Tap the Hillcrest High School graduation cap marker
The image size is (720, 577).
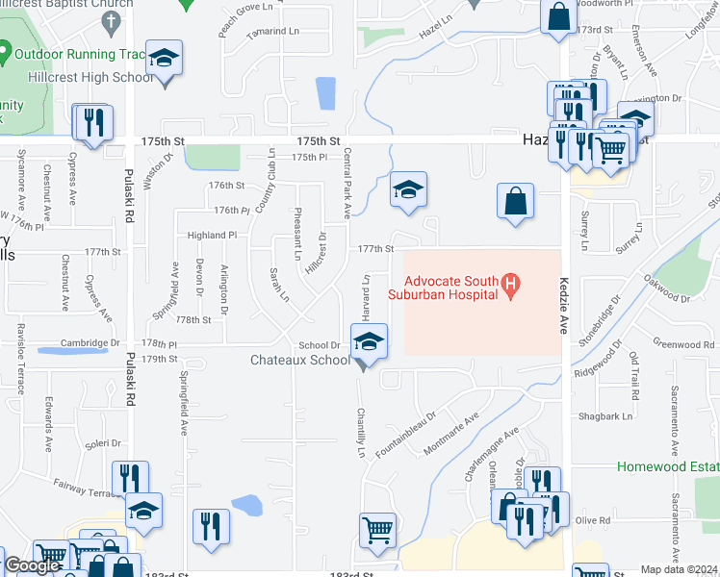[x=164, y=60]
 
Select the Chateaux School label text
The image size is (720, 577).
[x=300, y=361]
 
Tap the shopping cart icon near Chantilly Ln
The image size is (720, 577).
[x=377, y=528]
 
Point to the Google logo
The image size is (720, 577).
[x=32, y=566]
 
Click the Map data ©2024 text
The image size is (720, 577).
[x=680, y=569]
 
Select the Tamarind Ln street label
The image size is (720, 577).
[x=272, y=32]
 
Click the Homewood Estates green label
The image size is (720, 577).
[x=668, y=466]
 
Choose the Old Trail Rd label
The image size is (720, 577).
[x=633, y=371]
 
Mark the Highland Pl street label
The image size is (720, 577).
[x=212, y=235]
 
